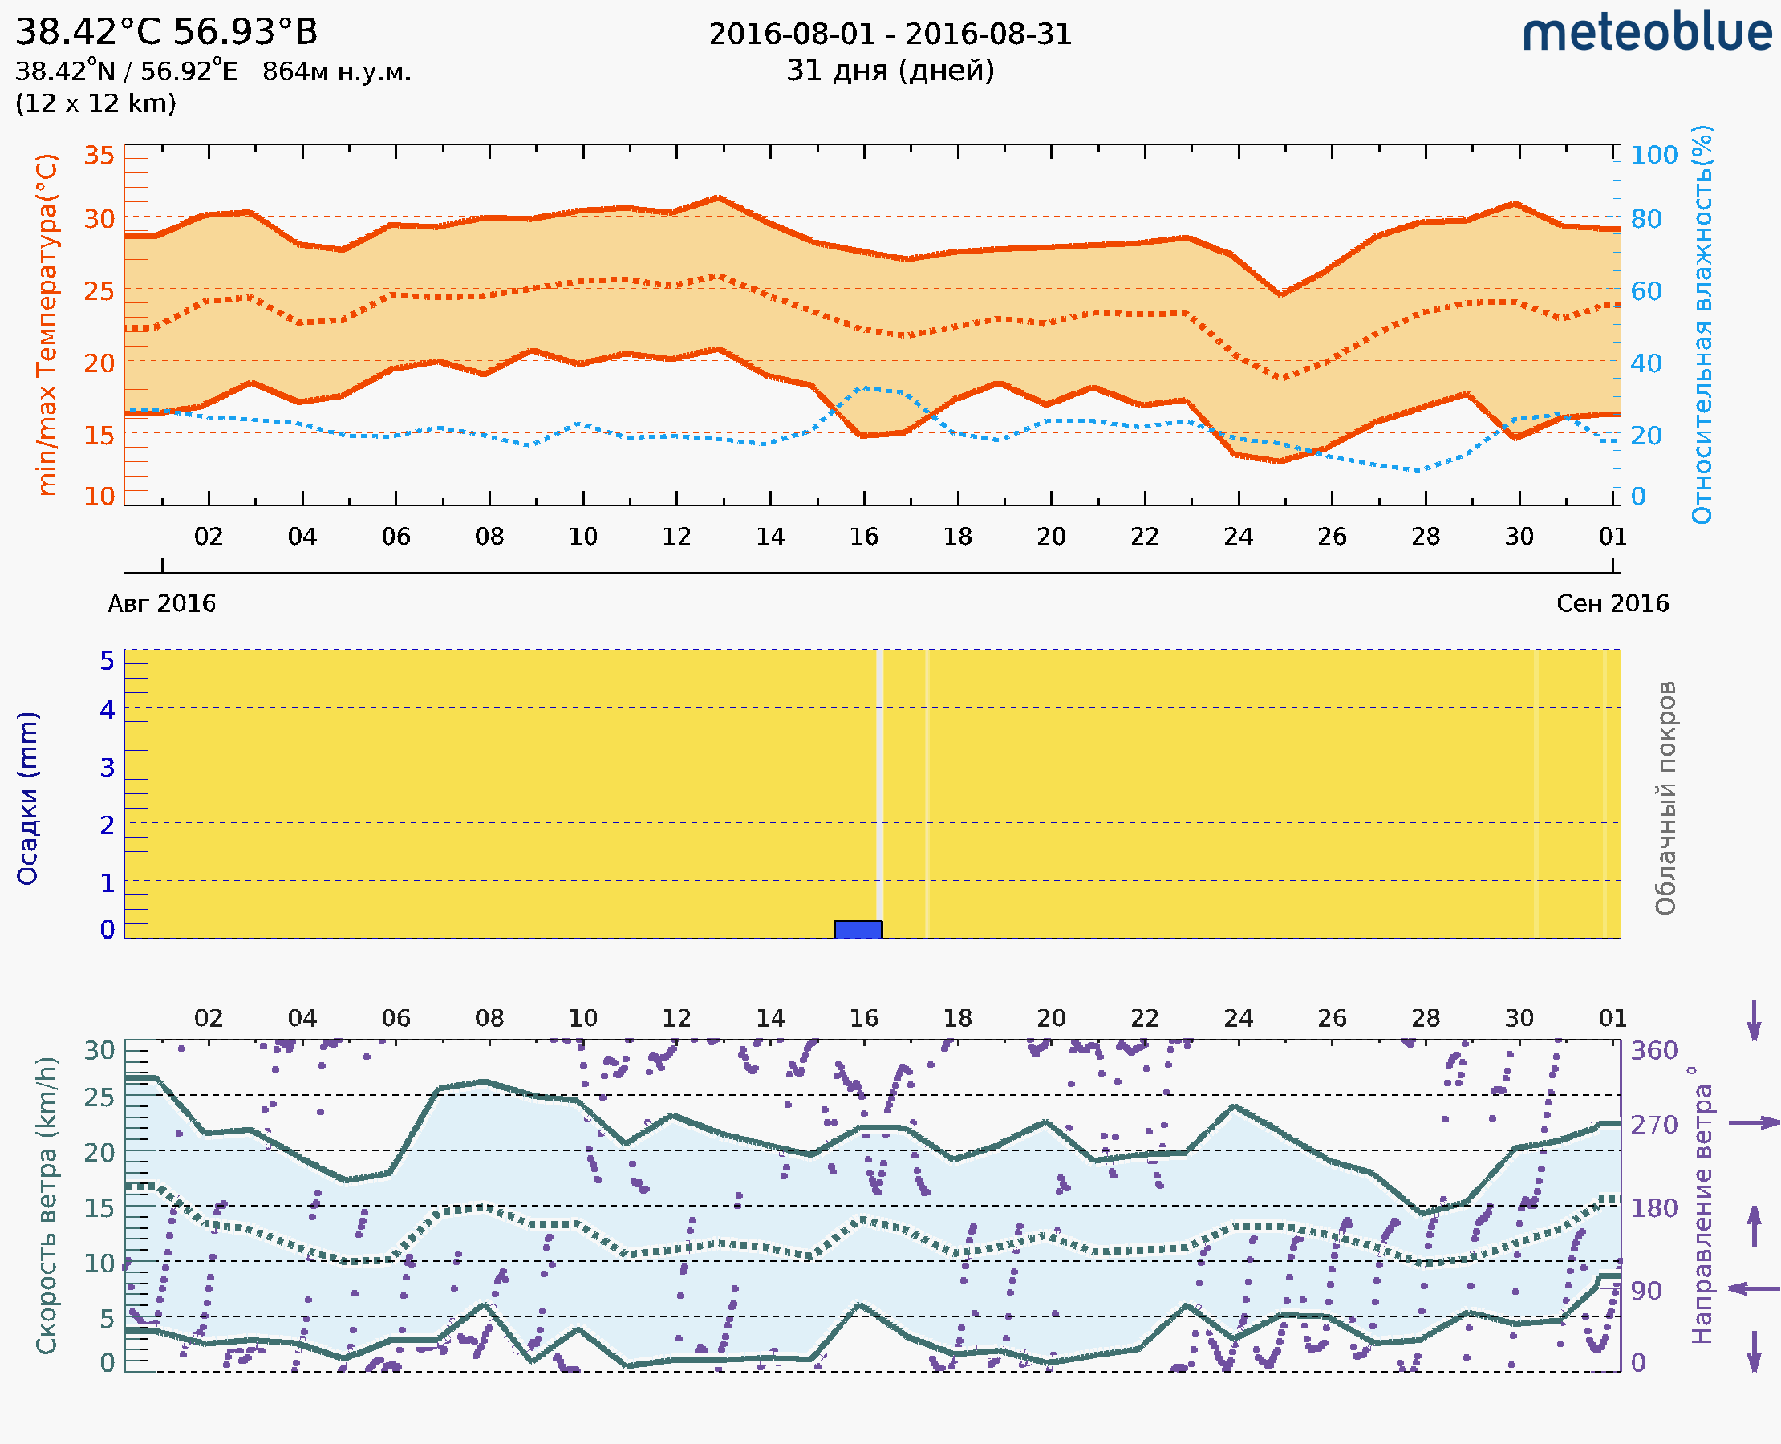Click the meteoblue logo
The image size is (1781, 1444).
(1646, 33)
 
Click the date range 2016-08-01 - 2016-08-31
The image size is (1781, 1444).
(890, 34)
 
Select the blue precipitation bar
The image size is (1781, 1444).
(858, 929)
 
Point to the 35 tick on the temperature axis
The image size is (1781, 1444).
(99, 156)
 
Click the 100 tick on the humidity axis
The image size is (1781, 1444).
(1653, 156)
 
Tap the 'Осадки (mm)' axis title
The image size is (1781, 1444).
(27, 797)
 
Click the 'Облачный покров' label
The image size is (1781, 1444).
(1665, 797)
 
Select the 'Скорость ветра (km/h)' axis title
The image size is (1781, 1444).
(47, 1205)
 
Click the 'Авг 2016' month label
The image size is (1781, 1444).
(161, 603)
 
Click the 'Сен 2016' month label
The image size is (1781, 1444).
(1613, 603)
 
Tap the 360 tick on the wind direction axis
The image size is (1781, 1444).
(1653, 1051)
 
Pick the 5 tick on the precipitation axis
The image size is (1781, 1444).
(108, 661)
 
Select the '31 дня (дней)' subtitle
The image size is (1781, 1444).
(890, 71)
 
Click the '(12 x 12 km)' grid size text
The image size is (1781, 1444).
(95, 104)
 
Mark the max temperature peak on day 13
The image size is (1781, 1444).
(717, 198)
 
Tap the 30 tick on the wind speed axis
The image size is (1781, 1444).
(99, 1051)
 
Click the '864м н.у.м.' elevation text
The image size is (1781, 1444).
(336, 72)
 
